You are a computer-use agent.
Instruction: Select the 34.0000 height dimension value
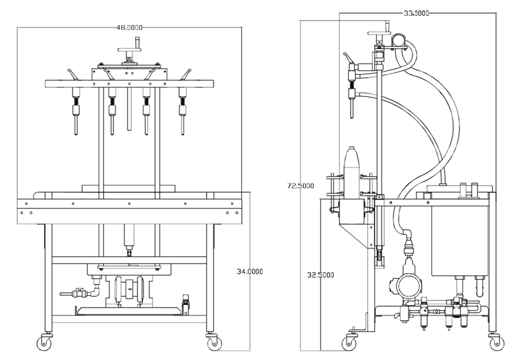click(250, 271)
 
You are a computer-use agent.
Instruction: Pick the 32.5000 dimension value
click(320, 275)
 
